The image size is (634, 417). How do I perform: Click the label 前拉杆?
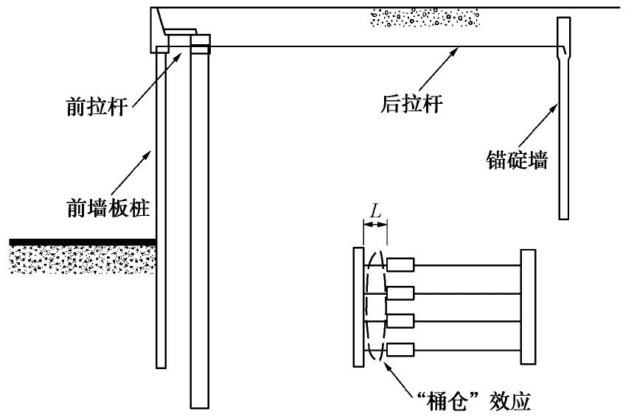pos(99,106)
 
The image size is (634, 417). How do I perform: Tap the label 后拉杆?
pos(408,105)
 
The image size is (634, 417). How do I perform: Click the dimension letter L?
pos(375,210)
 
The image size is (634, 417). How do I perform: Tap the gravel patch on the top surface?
pos(424,17)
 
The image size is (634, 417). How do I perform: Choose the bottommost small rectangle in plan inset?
pos(401,349)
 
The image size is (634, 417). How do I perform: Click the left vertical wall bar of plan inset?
pos(358,306)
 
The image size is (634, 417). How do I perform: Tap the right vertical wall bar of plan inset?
pos(527,306)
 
